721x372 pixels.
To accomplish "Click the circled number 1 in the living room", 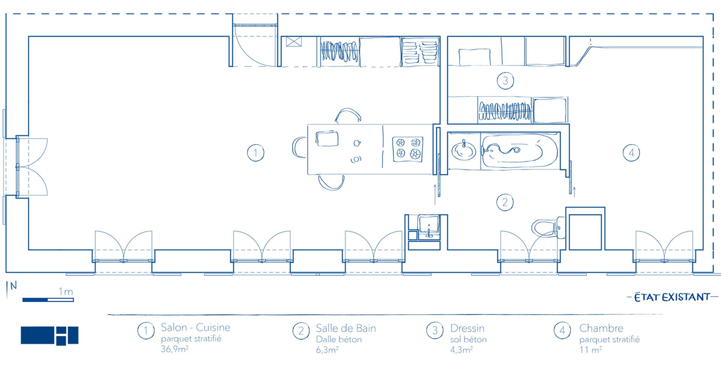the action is pyautogui.click(x=255, y=153).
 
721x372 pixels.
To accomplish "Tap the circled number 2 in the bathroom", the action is pyautogui.click(x=505, y=202).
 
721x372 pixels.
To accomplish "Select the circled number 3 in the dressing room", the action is pyautogui.click(x=505, y=81).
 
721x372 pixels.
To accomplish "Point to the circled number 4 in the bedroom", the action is pyautogui.click(x=631, y=153).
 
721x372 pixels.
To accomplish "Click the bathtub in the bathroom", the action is pyautogui.click(x=513, y=151).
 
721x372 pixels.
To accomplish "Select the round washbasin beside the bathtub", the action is pyautogui.click(x=463, y=151).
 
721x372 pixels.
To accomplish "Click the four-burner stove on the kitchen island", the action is pyautogui.click(x=408, y=149).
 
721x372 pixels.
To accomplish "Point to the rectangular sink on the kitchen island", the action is pyautogui.click(x=327, y=139).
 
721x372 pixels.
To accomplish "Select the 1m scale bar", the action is pyautogui.click(x=48, y=300).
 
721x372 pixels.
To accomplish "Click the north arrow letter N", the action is pyautogui.click(x=14, y=286).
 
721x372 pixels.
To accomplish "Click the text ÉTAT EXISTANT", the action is pyautogui.click(x=672, y=297).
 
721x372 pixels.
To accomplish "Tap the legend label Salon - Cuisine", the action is pyautogui.click(x=196, y=327).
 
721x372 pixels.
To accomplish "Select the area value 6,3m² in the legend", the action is pyautogui.click(x=327, y=350).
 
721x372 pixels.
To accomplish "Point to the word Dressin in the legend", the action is pyautogui.click(x=467, y=328).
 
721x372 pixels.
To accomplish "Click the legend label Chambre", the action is pyautogui.click(x=601, y=328).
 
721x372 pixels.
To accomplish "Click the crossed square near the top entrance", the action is pyautogui.click(x=294, y=41).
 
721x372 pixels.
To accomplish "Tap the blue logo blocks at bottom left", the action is pyautogui.click(x=50, y=336).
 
